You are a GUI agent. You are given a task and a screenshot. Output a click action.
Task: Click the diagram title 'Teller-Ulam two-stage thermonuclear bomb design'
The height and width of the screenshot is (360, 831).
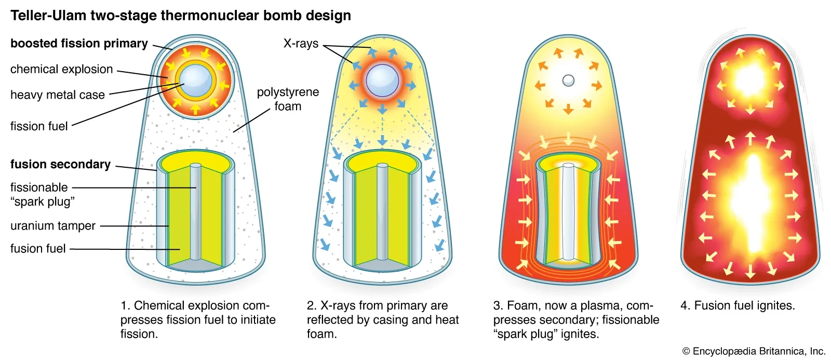(x=181, y=16)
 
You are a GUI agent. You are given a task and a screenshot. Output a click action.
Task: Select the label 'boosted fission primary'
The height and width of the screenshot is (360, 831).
(x=79, y=44)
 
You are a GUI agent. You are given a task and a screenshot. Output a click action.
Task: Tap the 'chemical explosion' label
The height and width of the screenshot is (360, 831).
(x=62, y=69)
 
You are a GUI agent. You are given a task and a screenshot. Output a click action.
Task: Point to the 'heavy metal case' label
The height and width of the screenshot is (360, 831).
(x=58, y=95)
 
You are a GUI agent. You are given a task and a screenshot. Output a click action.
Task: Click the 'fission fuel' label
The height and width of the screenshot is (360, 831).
(x=39, y=126)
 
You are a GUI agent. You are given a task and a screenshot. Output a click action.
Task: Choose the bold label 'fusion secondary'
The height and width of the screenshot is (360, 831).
(x=60, y=164)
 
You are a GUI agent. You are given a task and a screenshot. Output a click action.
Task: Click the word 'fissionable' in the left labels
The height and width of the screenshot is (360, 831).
(x=39, y=188)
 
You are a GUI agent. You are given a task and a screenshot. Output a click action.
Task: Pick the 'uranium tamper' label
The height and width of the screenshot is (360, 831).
(x=52, y=225)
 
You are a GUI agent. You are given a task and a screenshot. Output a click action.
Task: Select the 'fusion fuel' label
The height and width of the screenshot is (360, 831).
(x=38, y=248)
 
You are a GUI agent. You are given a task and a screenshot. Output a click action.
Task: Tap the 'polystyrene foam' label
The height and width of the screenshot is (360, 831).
(x=288, y=99)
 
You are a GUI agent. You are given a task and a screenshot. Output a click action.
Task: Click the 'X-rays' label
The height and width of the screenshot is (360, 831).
(x=301, y=44)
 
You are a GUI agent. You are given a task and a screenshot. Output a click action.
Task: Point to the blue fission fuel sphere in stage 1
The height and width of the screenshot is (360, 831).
(x=195, y=81)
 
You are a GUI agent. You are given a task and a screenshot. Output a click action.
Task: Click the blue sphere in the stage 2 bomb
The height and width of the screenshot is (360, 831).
(x=382, y=81)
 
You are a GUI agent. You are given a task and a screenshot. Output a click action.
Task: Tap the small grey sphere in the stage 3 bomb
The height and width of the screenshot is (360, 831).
(x=568, y=80)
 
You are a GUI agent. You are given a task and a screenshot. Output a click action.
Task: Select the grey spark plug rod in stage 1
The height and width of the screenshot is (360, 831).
(x=195, y=212)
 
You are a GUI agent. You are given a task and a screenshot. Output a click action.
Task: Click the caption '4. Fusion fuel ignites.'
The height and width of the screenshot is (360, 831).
(x=738, y=305)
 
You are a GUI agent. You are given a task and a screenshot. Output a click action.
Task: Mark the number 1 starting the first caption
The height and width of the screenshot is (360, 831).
(x=124, y=305)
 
